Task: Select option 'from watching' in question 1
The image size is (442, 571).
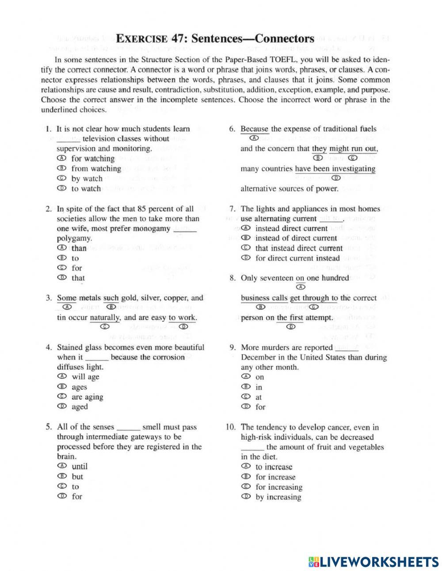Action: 96,169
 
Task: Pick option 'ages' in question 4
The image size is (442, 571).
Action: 79,387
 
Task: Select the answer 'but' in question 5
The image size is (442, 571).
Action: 77,477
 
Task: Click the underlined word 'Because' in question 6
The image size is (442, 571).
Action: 254,129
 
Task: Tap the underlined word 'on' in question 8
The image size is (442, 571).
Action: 300,278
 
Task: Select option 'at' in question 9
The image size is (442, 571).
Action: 258,397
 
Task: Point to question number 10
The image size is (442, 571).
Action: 231,427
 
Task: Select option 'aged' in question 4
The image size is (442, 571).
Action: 80,407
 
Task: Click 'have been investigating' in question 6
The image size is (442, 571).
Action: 335,169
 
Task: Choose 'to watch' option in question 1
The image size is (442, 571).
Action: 86,188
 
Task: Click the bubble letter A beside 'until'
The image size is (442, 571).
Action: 62,466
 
